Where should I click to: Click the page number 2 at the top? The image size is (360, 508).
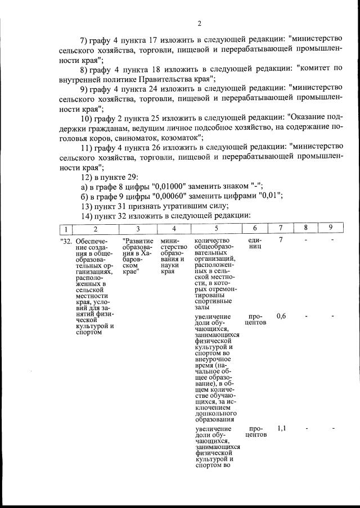(x=199, y=23)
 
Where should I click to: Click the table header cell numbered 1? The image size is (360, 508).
(x=66, y=229)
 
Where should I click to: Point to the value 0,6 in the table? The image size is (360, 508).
(x=281, y=316)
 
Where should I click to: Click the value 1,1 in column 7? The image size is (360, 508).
(x=281, y=428)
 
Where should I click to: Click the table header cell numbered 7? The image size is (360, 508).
(x=281, y=229)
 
